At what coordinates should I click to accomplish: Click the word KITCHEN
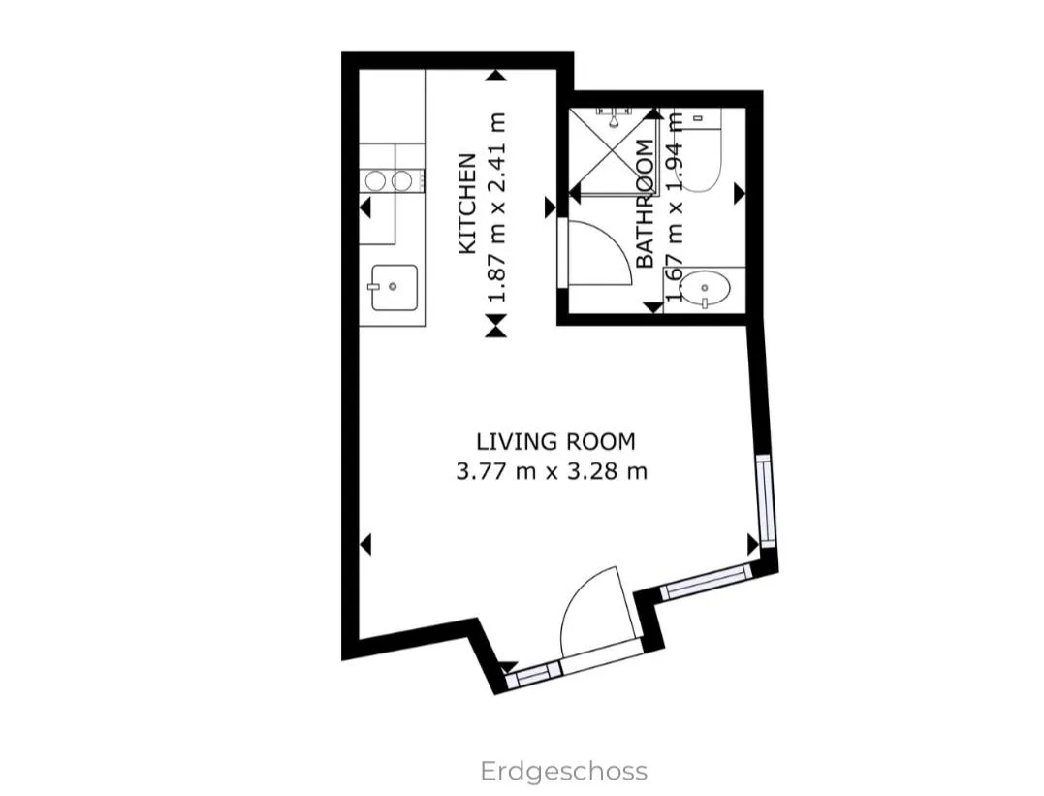point(467,204)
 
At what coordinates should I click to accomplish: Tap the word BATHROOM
point(646,204)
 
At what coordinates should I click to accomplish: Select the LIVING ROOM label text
point(556,442)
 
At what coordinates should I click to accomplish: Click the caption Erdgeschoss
point(564,772)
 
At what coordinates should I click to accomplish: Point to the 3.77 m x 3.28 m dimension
point(552,471)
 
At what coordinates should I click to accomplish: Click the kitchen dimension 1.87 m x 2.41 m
point(497,207)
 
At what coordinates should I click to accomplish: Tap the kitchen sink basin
point(395,288)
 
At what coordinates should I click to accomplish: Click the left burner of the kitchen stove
point(375,180)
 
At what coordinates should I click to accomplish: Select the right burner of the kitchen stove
point(401,180)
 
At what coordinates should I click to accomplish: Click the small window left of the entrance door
point(533,675)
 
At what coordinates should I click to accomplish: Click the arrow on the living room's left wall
point(364,544)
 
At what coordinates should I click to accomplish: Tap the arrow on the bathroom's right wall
point(740,194)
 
